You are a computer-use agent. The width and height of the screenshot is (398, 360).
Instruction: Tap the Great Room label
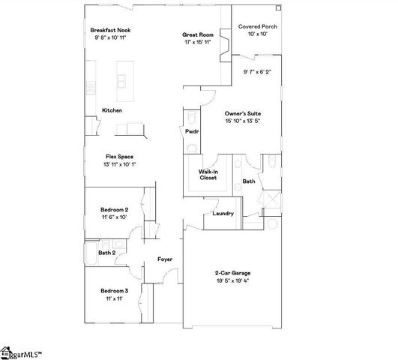(x=198, y=34)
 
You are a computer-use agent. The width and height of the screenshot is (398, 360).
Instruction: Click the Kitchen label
(x=112, y=110)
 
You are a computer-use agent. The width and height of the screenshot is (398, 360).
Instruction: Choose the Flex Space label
(x=120, y=156)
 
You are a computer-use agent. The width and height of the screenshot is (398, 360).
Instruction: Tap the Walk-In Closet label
(x=208, y=175)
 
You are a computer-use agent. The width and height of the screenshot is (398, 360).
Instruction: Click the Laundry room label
(x=223, y=213)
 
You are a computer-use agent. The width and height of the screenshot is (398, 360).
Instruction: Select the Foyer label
(x=165, y=259)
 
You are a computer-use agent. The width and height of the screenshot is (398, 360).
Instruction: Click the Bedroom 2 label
(x=114, y=209)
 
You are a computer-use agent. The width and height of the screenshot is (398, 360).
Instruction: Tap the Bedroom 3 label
(x=115, y=290)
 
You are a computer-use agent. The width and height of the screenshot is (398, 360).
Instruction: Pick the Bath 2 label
(x=106, y=253)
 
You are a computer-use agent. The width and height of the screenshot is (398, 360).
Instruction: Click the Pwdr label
(x=191, y=131)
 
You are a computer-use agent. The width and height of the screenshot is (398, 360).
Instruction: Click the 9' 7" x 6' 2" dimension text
(x=257, y=72)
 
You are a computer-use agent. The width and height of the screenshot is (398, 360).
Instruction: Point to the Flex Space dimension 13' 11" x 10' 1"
(x=120, y=164)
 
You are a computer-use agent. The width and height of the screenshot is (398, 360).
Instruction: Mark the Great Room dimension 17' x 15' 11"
(x=198, y=43)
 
